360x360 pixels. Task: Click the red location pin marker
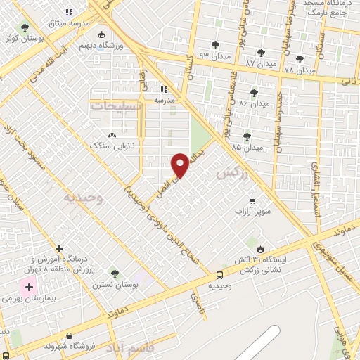point(181,165)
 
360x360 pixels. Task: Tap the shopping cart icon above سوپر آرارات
point(251,201)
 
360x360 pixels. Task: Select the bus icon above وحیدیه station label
point(219,275)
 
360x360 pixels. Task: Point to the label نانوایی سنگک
point(110,145)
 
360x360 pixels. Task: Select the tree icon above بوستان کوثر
point(25,27)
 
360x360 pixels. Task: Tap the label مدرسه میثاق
point(68,22)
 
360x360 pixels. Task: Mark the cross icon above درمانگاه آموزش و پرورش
point(59,248)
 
